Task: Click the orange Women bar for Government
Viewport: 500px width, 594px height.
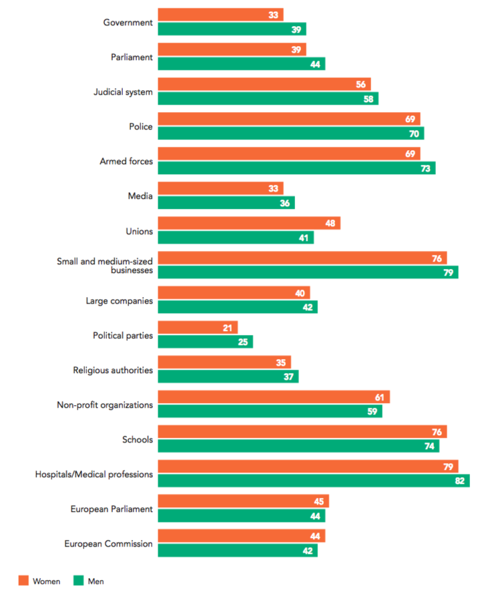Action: pyautogui.click(x=220, y=15)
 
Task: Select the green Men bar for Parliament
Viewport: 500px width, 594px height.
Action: pyautogui.click(x=241, y=64)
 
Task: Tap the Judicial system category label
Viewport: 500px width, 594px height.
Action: pyautogui.click(x=123, y=92)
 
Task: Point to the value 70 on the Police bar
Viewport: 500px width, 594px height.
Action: pyautogui.click(x=414, y=133)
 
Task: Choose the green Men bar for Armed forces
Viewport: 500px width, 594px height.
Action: pyautogui.click(x=296, y=168)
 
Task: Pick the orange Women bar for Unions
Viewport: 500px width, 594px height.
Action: pyautogui.click(x=249, y=223)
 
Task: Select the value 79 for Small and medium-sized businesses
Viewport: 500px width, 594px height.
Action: pyautogui.click(x=448, y=272)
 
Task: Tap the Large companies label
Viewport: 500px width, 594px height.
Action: pyautogui.click(x=119, y=301)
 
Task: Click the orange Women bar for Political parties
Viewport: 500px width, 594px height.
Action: pyautogui.click(x=198, y=328)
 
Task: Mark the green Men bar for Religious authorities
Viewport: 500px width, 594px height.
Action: pyautogui.click(x=228, y=376)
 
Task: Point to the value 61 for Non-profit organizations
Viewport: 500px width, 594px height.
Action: pyautogui.click(x=379, y=397)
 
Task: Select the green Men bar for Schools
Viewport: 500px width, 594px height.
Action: pyautogui.click(x=298, y=446)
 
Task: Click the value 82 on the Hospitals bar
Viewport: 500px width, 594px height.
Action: pyautogui.click(x=459, y=481)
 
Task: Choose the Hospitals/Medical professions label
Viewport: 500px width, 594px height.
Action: pyautogui.click(x=94, y=475)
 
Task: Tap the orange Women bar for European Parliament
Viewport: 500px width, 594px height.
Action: pyautogui.click(x=243, y=501)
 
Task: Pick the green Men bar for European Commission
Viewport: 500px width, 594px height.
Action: pyautogui.click(x=238, y=551)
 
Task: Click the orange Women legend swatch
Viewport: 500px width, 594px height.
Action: pyautogui.click(x=24, y=581)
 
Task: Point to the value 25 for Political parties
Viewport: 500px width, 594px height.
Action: pyautogui.click(x=243, y=342)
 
